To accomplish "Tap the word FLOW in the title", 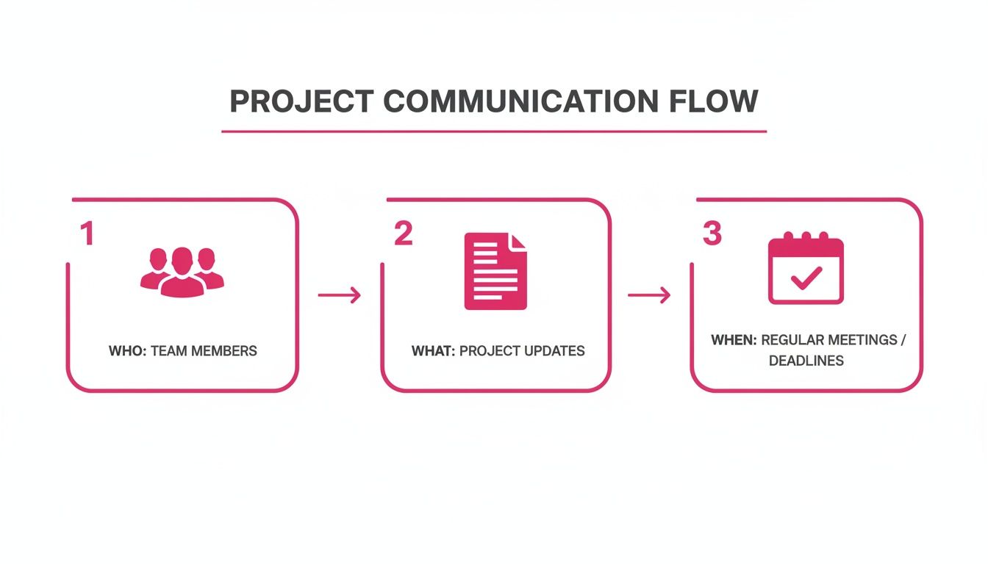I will [x=713, y=101].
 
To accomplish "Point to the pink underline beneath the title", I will [x=494, y=131].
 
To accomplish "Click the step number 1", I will [x=87, y=234].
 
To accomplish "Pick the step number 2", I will [x=403, y=234].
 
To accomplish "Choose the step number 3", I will [x=712, y=234].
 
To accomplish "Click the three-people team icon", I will [x=182, y=272].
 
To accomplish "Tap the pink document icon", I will [x=495, y=271].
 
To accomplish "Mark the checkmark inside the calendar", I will [x=806, y=277].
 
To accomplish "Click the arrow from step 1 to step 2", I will [x=339, y=295].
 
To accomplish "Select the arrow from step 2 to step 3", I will [x=649, y=295].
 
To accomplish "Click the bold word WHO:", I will [x=128, y=351].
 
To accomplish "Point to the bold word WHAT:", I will [x=434, y=351].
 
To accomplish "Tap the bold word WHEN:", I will [x=734, y=341].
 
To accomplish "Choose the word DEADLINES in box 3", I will [x=806, y=361].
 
